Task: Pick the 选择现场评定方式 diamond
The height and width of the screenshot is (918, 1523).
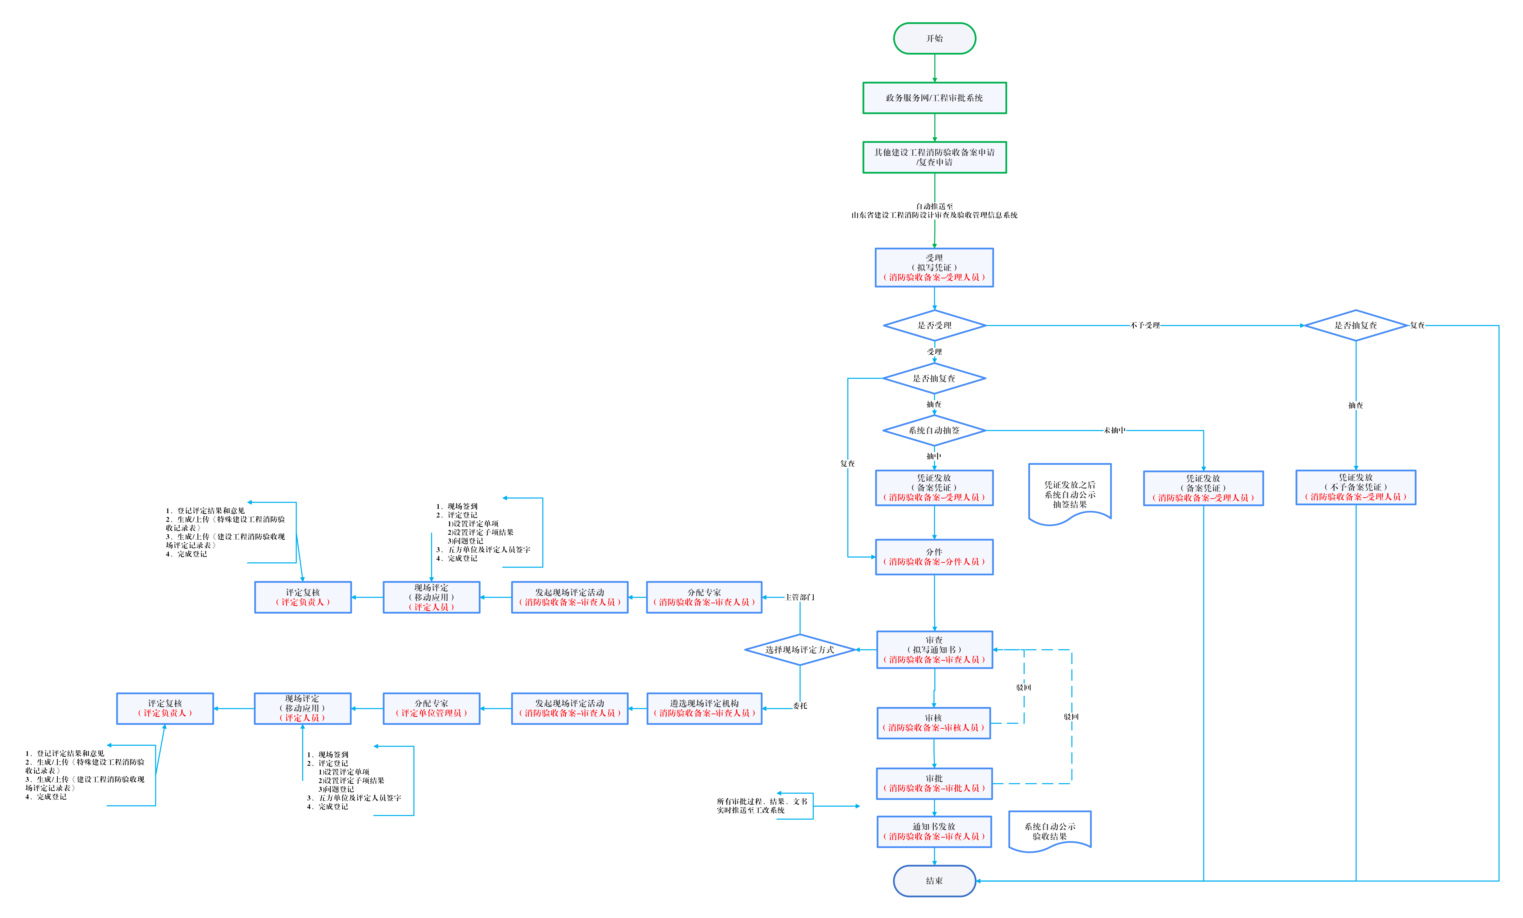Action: [800, 650]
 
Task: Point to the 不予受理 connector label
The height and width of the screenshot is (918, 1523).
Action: [1145, 325]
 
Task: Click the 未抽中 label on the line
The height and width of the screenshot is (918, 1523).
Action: [1114, 430]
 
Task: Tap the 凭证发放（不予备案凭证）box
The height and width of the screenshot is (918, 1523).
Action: [1356, 487]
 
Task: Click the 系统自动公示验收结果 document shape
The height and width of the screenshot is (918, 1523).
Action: [1049, 831]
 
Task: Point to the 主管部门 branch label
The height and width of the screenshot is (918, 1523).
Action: [800, 597]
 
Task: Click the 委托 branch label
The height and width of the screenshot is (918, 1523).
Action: [800, 705]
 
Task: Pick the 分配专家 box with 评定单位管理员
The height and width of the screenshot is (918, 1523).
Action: [431, 708]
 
